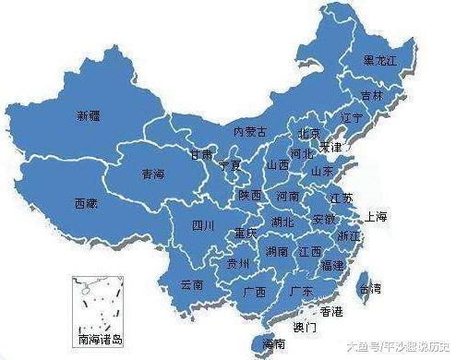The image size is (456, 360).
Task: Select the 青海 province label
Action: (x=153, y=173)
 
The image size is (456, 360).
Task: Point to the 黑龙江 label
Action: (x=381, y=61)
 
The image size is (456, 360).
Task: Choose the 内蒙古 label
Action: (x=250, y=132)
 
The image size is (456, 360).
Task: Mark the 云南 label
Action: (x=191, y=284)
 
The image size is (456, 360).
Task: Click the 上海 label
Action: (x=376, y=218)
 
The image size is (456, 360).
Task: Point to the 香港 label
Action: (x=330, y=311)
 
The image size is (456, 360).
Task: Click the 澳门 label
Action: (x=305, y=327)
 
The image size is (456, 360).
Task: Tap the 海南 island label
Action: (x=273, y=343)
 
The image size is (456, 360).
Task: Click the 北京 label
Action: (x=307, y=133)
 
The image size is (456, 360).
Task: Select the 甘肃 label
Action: (x=200, y=154)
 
